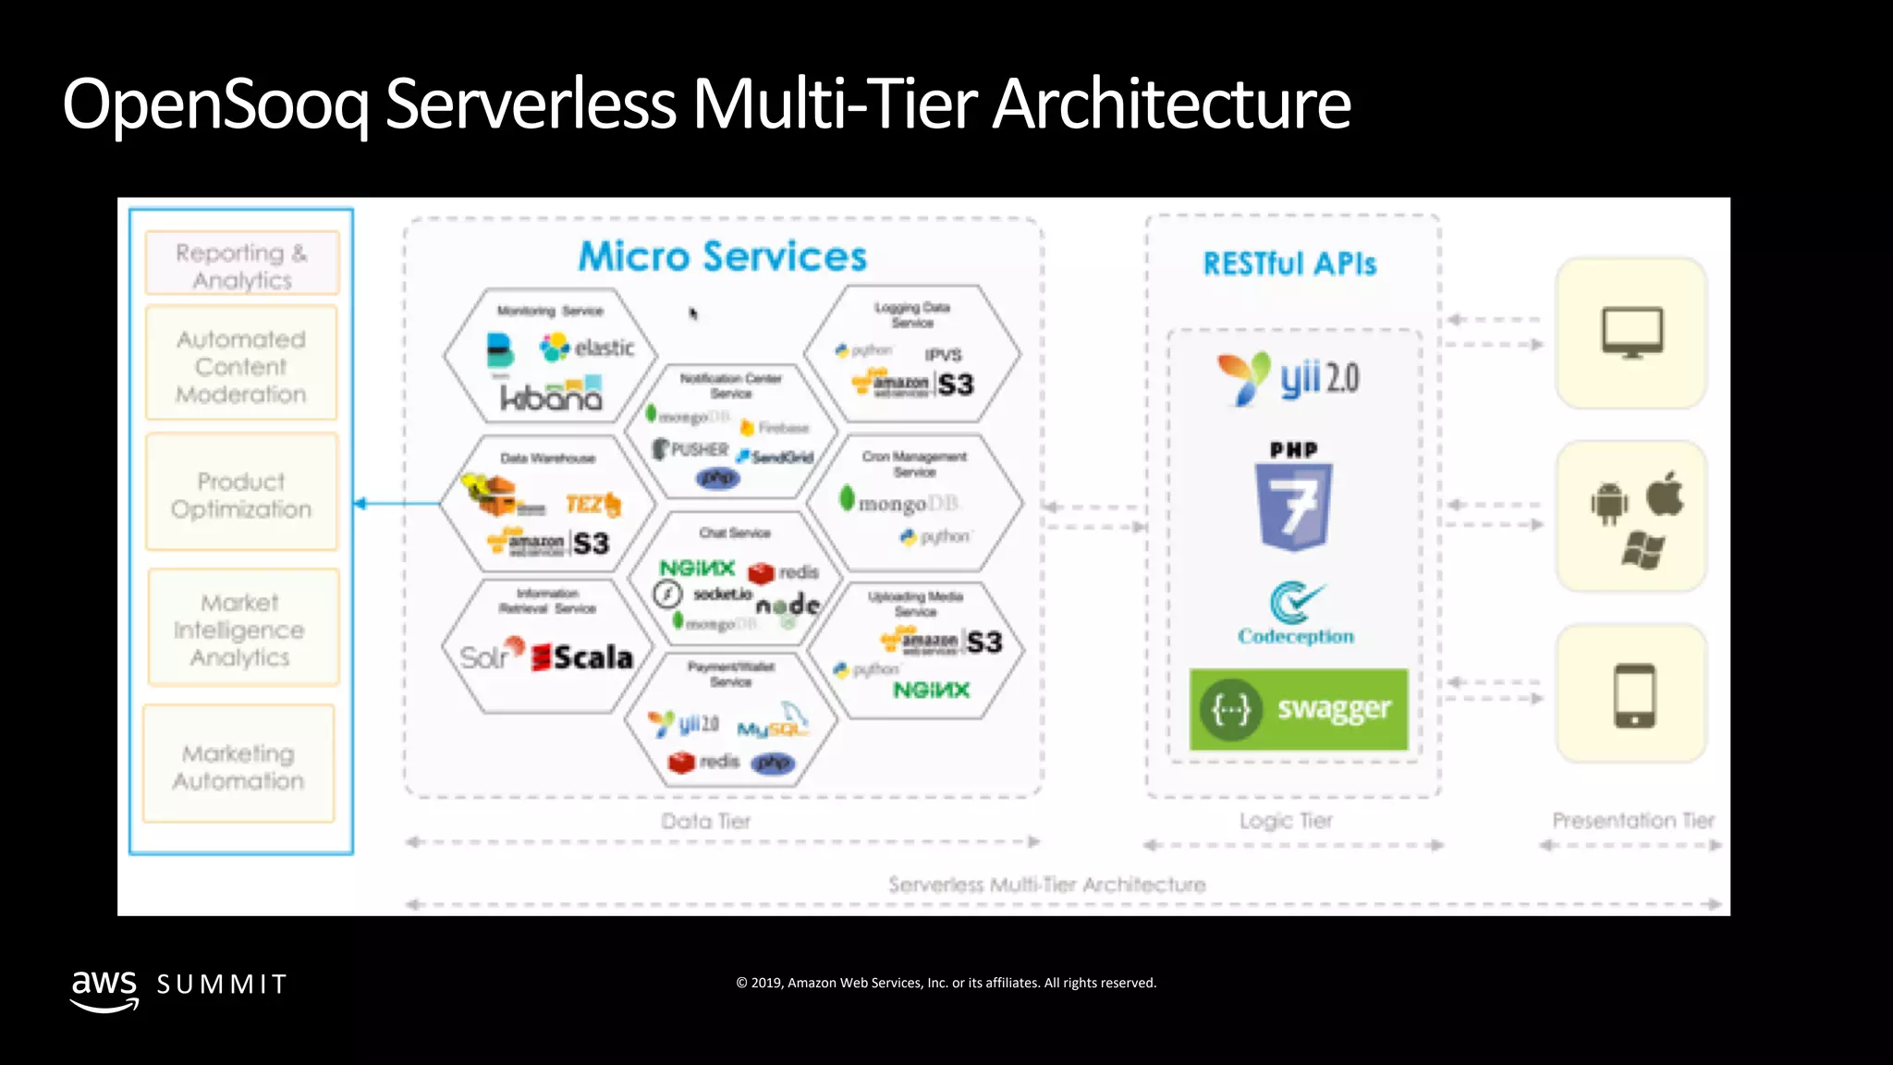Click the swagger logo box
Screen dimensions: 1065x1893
1298,709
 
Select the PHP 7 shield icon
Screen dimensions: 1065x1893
1293,506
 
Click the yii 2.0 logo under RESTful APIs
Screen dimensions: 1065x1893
1288,378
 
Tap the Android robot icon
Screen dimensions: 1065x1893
1608,504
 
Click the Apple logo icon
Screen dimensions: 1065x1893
1665,494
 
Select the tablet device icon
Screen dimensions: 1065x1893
1633,695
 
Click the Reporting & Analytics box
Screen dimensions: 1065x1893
242,265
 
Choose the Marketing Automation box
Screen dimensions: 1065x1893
238,766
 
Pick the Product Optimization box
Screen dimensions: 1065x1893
241,495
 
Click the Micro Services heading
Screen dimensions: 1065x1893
723,256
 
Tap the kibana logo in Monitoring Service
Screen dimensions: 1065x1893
551,397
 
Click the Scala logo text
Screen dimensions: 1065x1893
592,657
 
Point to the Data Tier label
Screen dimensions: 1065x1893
706,821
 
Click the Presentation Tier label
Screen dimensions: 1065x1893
1632,820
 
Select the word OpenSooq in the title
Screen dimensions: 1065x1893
215,104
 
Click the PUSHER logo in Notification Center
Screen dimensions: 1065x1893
691,449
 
